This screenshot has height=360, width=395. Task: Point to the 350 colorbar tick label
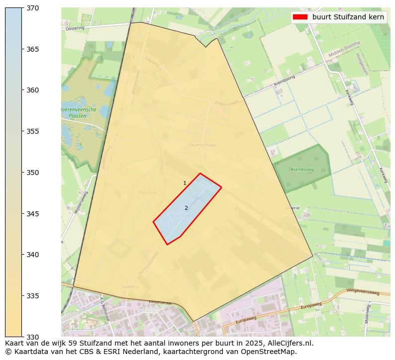point(33,173)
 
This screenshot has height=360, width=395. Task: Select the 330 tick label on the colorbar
point(33,337)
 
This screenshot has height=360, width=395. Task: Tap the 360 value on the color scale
point(33,90)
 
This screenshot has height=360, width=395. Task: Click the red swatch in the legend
point(300,17)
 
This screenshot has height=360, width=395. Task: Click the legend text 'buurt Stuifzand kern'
point(348,17)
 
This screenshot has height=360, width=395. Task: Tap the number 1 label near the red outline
point(185,183)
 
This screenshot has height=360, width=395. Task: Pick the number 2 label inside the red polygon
point(186,208)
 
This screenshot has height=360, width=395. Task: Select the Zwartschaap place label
point(202,145)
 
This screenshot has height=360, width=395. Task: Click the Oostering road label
point(75,28)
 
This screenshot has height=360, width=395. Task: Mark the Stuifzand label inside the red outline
point(183,216)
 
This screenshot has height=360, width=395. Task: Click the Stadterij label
point(129,286)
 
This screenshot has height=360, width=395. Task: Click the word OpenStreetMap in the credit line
point(271,352)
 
